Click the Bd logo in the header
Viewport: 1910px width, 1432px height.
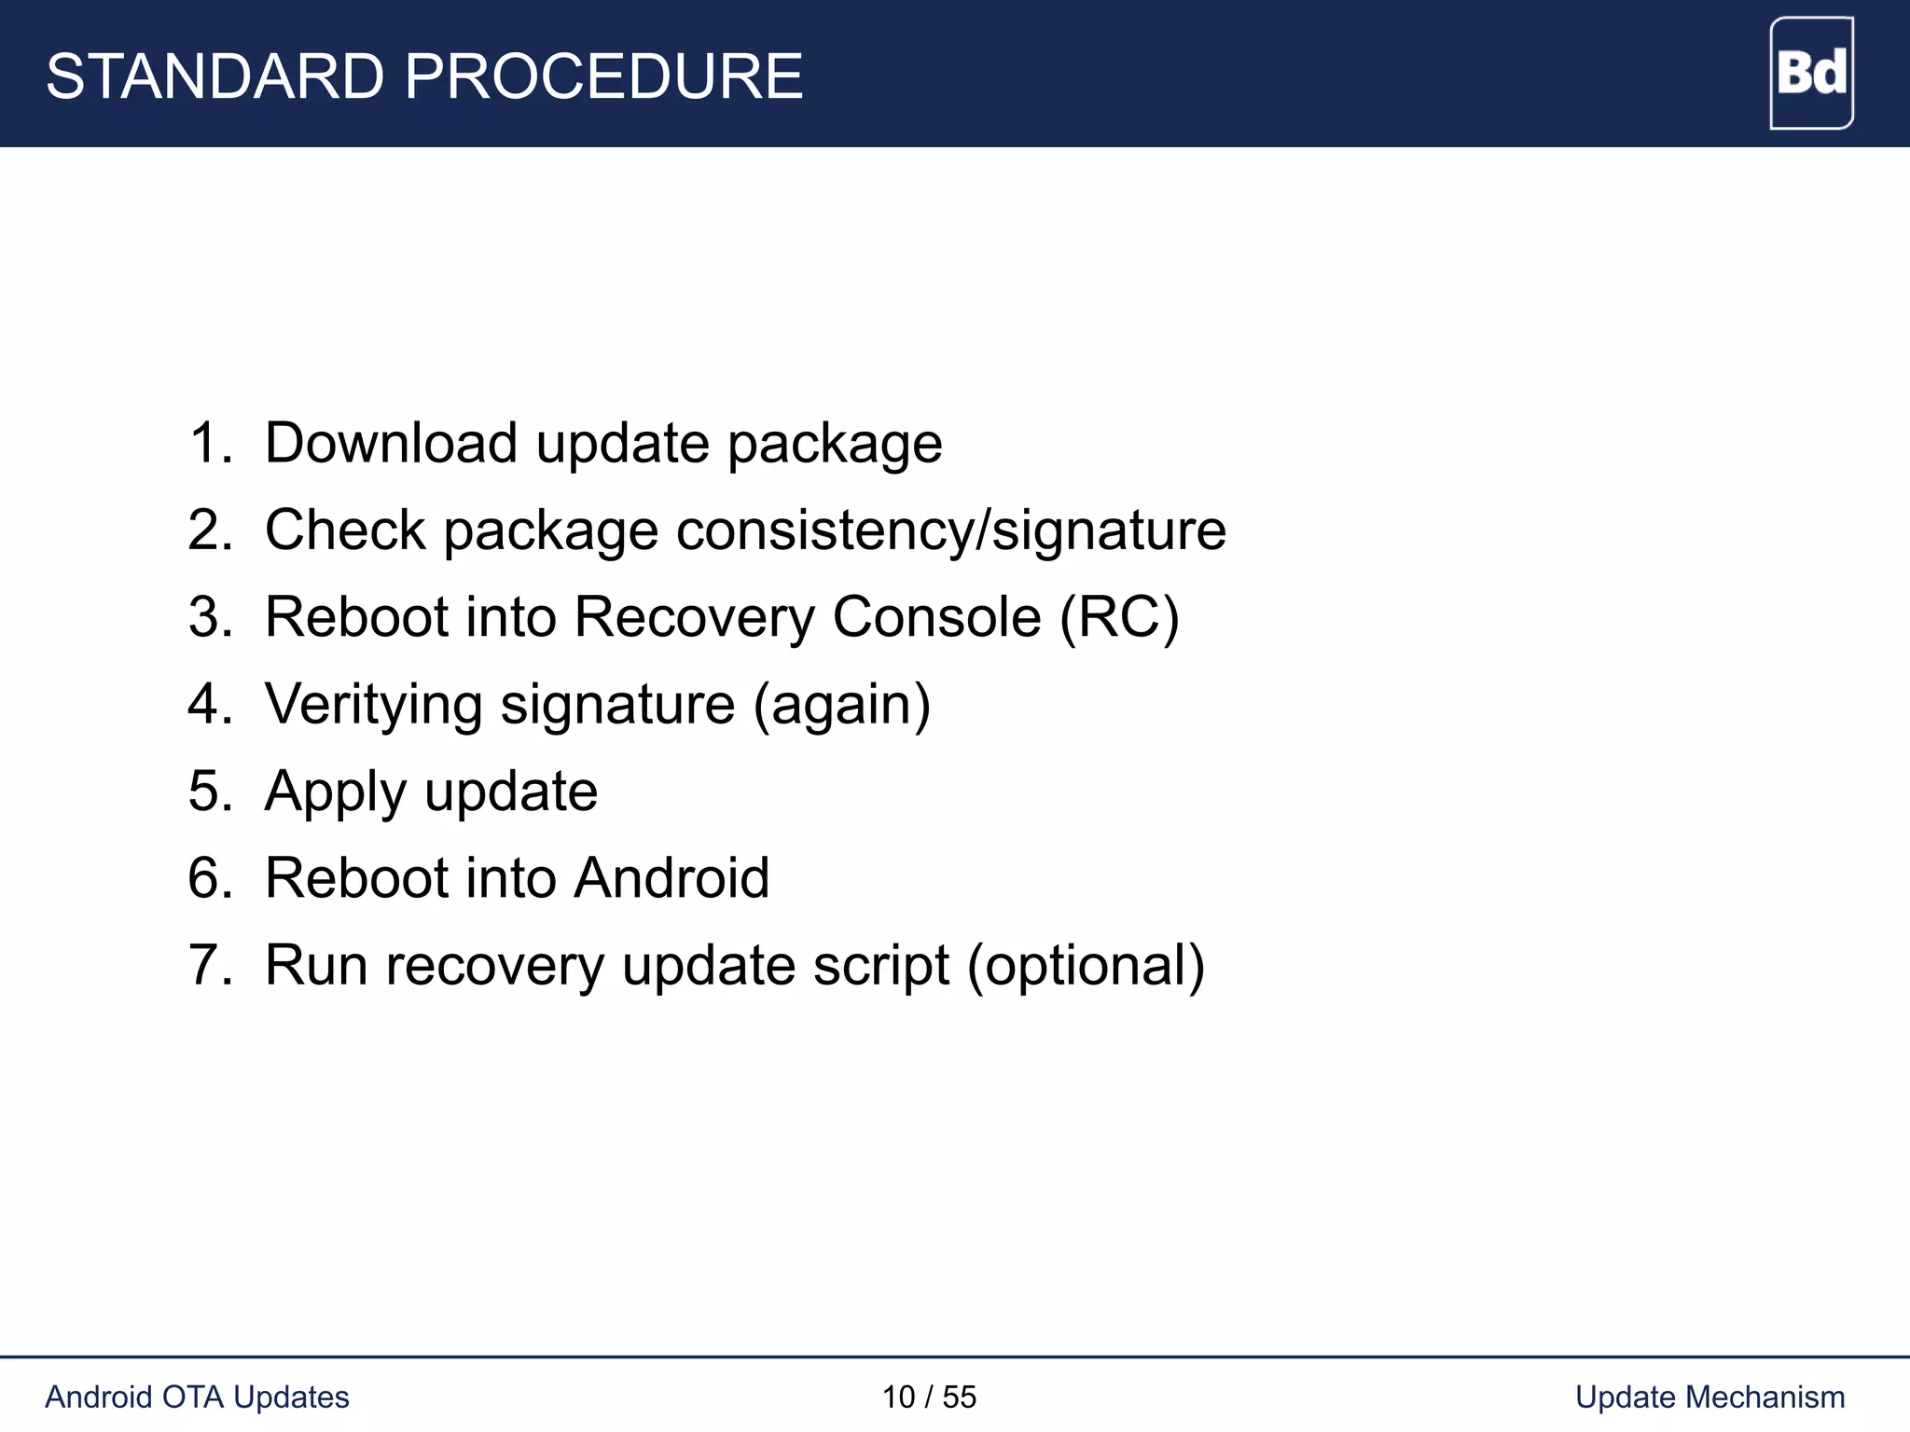pyautogui.click(x=1811, y=73)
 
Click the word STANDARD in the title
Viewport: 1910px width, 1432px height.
pyautogui.click(x=215, y=76)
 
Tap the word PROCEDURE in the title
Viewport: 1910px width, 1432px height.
pyautogui.click(x=603, y=76)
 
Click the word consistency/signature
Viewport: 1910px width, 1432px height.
pyautogui.click(x=950, y=530)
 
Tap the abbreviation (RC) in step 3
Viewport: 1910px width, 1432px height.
pyautogui.click(x=1119, y=617)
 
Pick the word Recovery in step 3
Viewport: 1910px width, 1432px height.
pyautogui.click(x=694, y=617)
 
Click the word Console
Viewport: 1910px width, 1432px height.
pyautogui.click(x=936, y=617)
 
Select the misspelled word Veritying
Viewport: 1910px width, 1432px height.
pyautogui.click(x=373, y=705)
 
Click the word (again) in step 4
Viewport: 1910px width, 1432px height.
pyautogui.click(x=842, y=705)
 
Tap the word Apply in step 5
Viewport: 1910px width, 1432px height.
pyautogui.click(x=336, y=792)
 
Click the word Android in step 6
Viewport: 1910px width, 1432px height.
pyautogui.click(x=671, y=878)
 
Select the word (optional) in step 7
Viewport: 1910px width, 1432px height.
pyautogui.click(x=1086, y=966)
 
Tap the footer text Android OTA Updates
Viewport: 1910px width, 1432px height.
pyautogui.click(x=197, y=1397)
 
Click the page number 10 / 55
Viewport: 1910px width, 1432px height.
pyautogui.click(x=929, y=1397)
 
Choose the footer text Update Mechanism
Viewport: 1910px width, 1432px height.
pyautogui.click(x=1709, y=1397)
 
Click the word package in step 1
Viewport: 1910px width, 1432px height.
pyautogui.click(x=835, y=444)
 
